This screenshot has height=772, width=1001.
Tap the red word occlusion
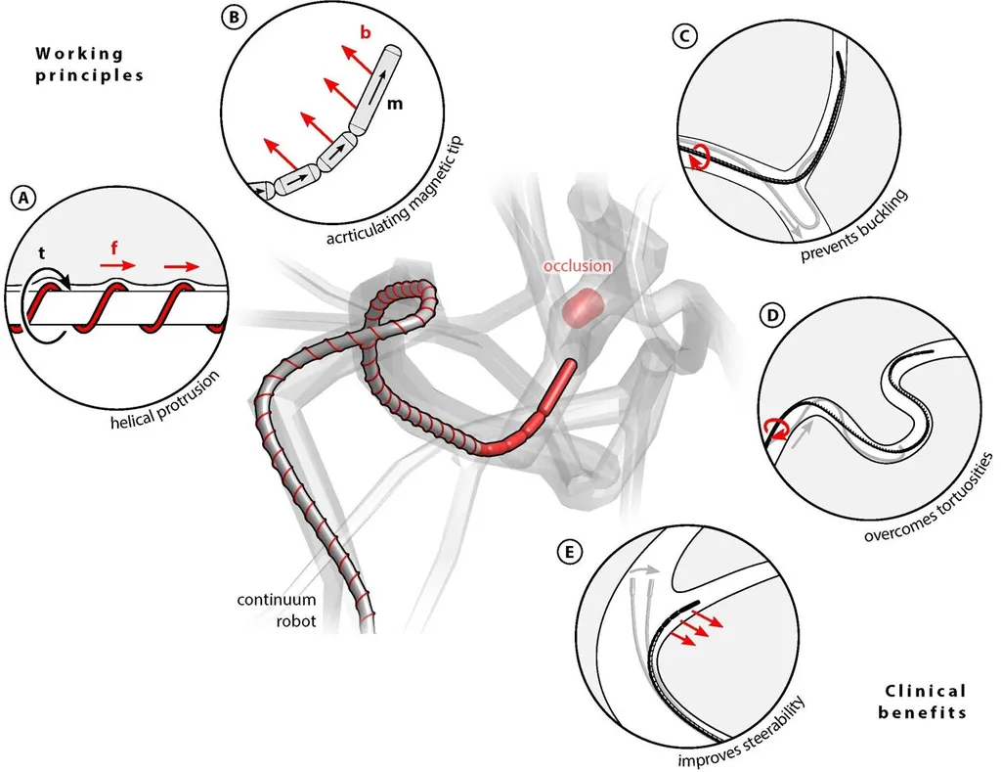[x=580, y=265]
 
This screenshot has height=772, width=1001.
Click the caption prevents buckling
[x=853, y=225]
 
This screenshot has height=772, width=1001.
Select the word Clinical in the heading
[x=922, y=691]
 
